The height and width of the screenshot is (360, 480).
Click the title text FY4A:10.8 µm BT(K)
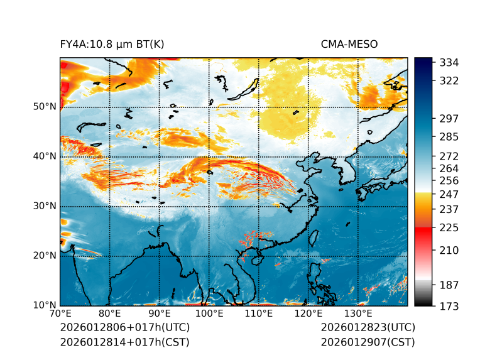[112, 44]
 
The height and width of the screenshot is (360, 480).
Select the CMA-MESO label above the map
[349, 44]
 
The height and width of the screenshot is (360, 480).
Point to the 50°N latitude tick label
[45, 107]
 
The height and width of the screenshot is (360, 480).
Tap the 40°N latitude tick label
[45, 156]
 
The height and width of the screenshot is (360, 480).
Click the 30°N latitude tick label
[45, 206]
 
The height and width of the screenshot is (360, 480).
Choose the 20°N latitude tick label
[45, 256]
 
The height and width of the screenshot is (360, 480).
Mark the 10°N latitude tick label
[45, 305]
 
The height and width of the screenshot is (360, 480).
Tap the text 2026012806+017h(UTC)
[124, 328]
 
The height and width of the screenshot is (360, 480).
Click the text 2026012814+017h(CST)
[124, 342]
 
